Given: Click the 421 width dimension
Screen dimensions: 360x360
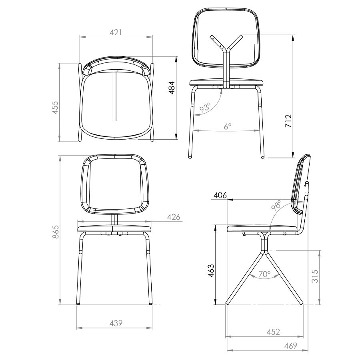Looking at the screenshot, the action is (116, 32).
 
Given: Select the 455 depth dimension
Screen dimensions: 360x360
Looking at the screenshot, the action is (55, 107).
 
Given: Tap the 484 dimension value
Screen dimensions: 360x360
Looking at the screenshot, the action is (172, 88).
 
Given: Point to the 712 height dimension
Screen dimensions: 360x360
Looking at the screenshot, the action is (288, 121).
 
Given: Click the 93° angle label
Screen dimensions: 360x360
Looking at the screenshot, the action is (205, 108).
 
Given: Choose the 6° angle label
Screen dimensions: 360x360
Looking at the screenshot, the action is (227, 126).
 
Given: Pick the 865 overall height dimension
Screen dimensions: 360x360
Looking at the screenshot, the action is (56, 232).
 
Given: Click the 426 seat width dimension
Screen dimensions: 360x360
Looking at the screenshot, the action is (173, 217).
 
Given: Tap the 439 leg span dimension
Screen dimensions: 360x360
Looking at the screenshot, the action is (116, 323).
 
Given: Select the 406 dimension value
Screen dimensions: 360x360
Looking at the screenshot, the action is (220, 195).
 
